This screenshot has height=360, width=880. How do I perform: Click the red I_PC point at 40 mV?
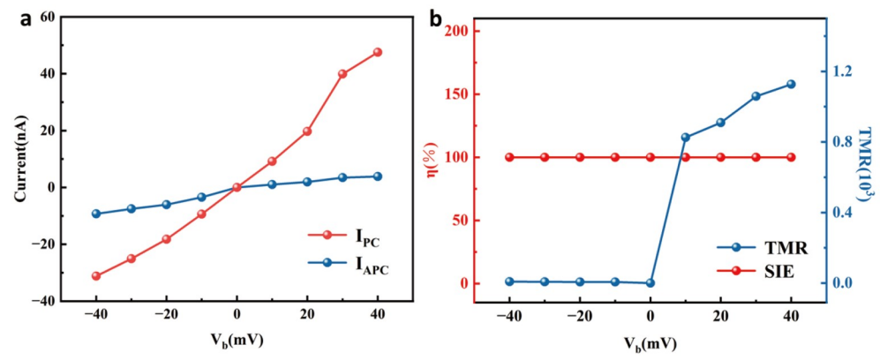378,52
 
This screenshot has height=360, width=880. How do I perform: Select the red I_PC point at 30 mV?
342,73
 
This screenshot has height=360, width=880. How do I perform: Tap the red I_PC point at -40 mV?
95,276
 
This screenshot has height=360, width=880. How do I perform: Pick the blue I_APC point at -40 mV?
95,214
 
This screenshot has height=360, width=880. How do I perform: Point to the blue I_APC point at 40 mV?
378,176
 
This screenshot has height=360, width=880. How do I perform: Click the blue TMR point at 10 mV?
686,138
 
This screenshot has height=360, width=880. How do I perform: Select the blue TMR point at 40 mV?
791,84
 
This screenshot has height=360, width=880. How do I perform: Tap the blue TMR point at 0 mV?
651,283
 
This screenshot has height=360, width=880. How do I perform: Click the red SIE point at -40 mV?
509,157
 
